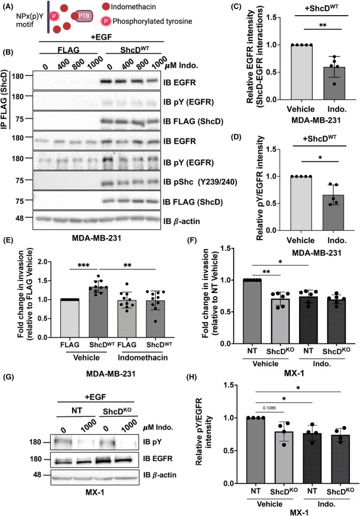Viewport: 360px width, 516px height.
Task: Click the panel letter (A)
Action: click(11, 6)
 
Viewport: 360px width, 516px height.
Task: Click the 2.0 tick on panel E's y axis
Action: click(49, 262)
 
